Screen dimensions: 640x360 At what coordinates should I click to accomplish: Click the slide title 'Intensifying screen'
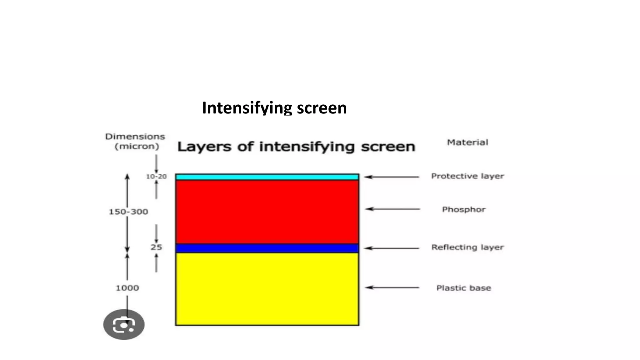coord(274,108)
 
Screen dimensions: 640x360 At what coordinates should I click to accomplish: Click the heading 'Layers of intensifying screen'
coord(296,147)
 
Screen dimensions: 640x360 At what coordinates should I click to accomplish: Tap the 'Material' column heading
coord(467,142)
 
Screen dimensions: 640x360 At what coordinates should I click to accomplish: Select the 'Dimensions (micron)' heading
coord(135,142)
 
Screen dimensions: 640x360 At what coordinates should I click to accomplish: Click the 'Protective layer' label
coord(467,176)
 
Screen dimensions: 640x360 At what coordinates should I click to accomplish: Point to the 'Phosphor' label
coord(464,209)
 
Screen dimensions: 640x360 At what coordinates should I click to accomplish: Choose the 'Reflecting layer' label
coord(467,247)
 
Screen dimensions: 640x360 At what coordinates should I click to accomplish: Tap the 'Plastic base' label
coord(464,288)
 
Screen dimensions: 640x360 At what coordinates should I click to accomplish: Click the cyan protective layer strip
coord(267,177)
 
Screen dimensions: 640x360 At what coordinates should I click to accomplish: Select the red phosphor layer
coord(267,212)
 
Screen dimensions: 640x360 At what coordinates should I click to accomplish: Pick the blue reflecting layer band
coord(267,248)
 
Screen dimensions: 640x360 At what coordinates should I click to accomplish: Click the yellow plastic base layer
coord(267,289)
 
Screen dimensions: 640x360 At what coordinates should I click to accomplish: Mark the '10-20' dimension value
coord(156,177)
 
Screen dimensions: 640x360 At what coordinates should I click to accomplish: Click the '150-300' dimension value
coord(128,212)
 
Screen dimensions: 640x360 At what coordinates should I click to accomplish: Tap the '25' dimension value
coord(156,247)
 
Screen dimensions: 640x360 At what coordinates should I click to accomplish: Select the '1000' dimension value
coord(127,288)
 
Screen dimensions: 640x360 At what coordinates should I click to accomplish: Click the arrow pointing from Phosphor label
coord(393,209)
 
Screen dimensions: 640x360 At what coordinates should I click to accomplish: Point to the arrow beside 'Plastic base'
coord(392,287)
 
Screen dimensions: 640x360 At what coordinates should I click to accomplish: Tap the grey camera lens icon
coord(124,324)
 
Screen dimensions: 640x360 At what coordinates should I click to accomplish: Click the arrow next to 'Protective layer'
coord(392,177)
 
